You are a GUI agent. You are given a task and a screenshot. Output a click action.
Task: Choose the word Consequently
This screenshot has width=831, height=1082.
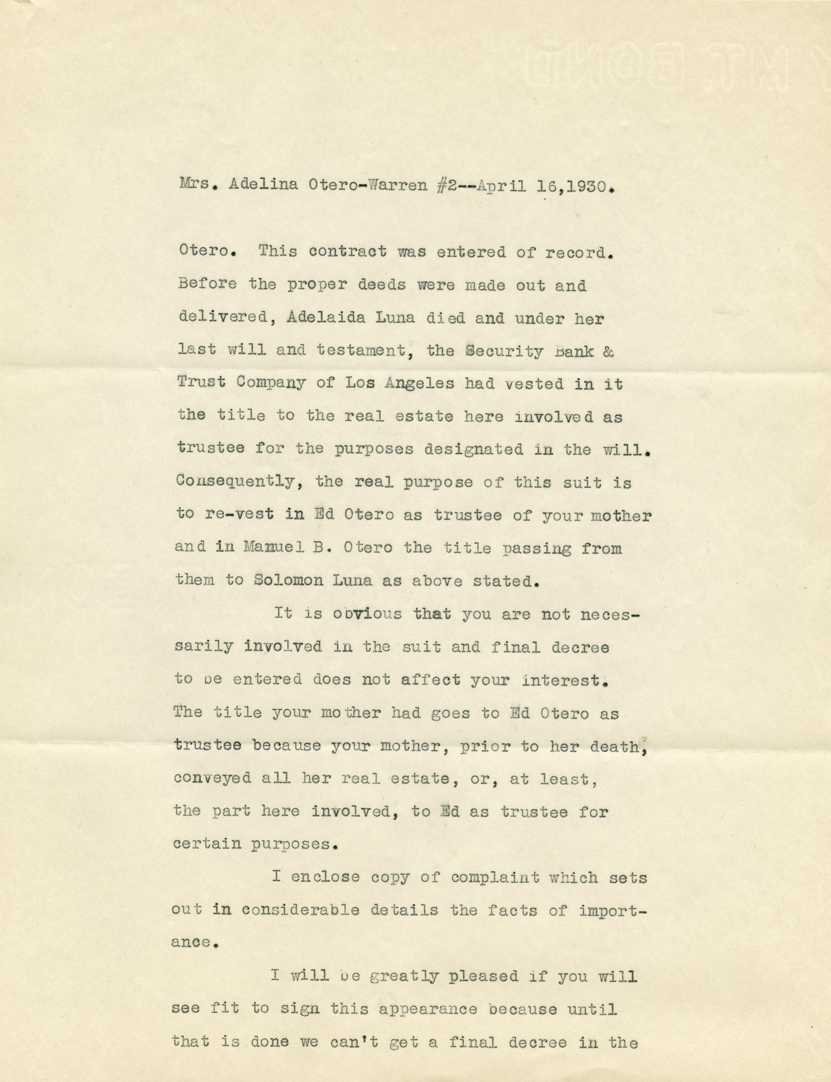(x=239, y=482)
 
